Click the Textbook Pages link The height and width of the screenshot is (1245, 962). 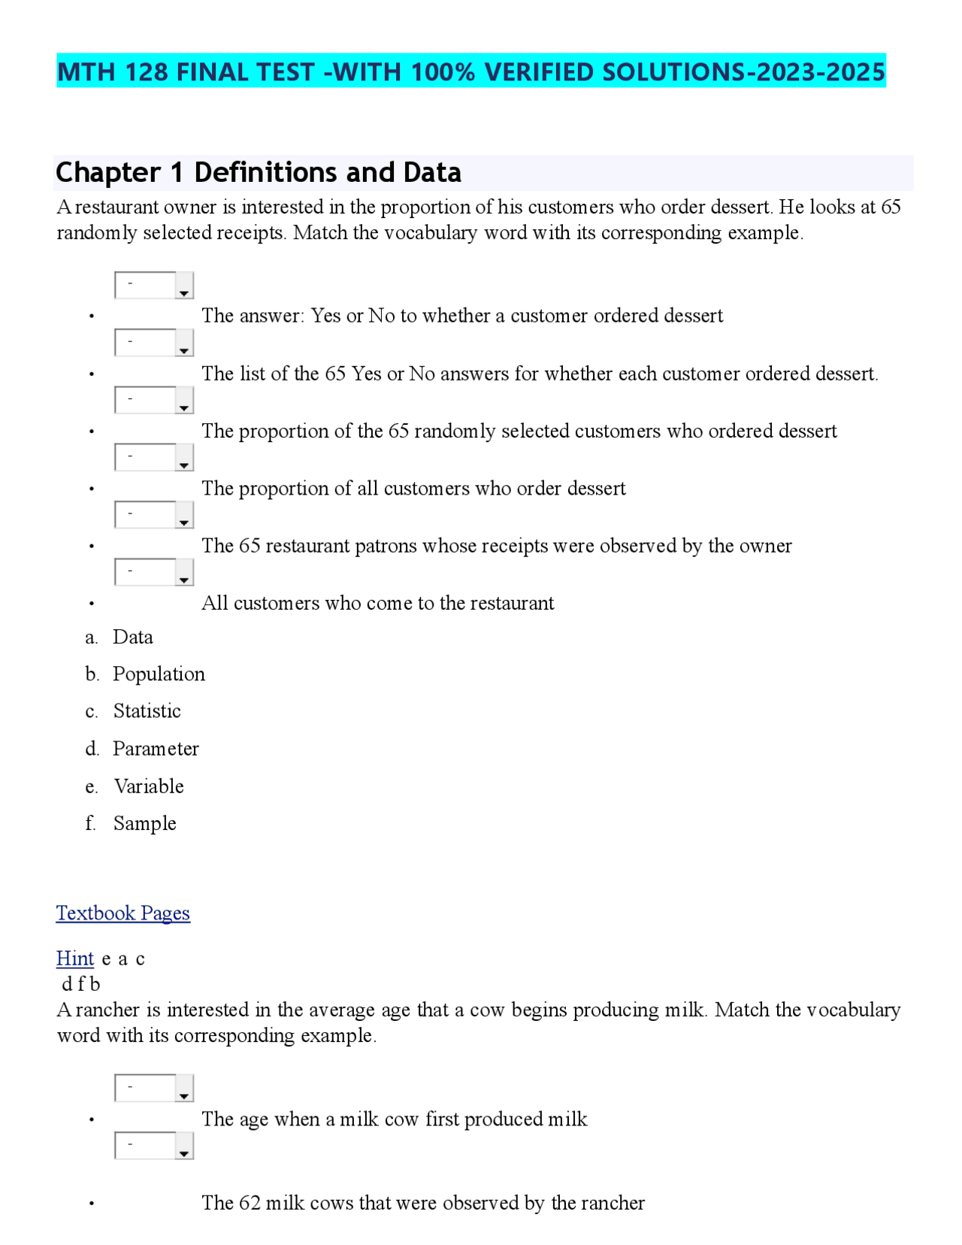pyautogui.click(x=123, y=913)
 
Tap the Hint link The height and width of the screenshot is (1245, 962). pyautogui.click(x=74, y=959)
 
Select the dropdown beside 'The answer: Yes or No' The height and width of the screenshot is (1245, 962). pyautogui.click(x=154, y=286)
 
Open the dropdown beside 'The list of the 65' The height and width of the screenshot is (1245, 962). pyautogui.click(x=154, y=343)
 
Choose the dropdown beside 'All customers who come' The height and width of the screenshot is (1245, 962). pyautogui.click(x=154, y=572)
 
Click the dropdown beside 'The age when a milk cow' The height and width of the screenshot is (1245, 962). pyautogui.click(x=154, y=1089)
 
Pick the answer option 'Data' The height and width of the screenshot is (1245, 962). pyautogui.click(x=132, y=638)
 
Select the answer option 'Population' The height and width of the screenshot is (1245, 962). pyautogui.click(x=159, y=674)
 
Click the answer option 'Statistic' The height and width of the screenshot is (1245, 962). pyautogui.click(x=147, y=711)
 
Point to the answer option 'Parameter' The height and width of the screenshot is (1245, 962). pyautogui.click(x=156, y=749)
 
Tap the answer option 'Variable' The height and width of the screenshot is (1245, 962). pyautogui.click(x=148, y=786)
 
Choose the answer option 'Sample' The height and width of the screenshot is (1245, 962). pyautogui.click(x=144, y=823)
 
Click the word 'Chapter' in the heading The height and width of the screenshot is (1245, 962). pyautogui.click(x=107, y=173)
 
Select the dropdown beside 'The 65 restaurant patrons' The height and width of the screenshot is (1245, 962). pyautogui.click(x=154, y=515)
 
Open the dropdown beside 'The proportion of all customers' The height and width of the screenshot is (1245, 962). pyautogui.click(x=154, y=458)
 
